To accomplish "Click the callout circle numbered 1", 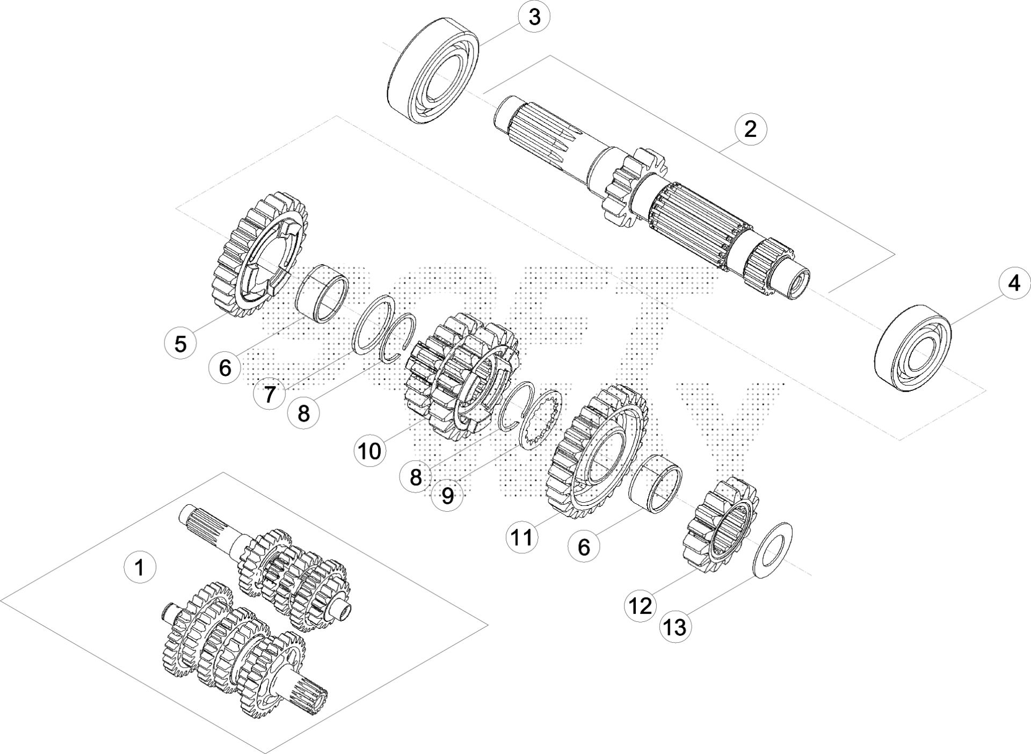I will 140,567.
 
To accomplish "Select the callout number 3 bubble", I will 534,17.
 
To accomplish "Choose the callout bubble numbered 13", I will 676,627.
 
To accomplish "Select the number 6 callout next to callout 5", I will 225,368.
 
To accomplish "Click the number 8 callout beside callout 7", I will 303,414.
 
